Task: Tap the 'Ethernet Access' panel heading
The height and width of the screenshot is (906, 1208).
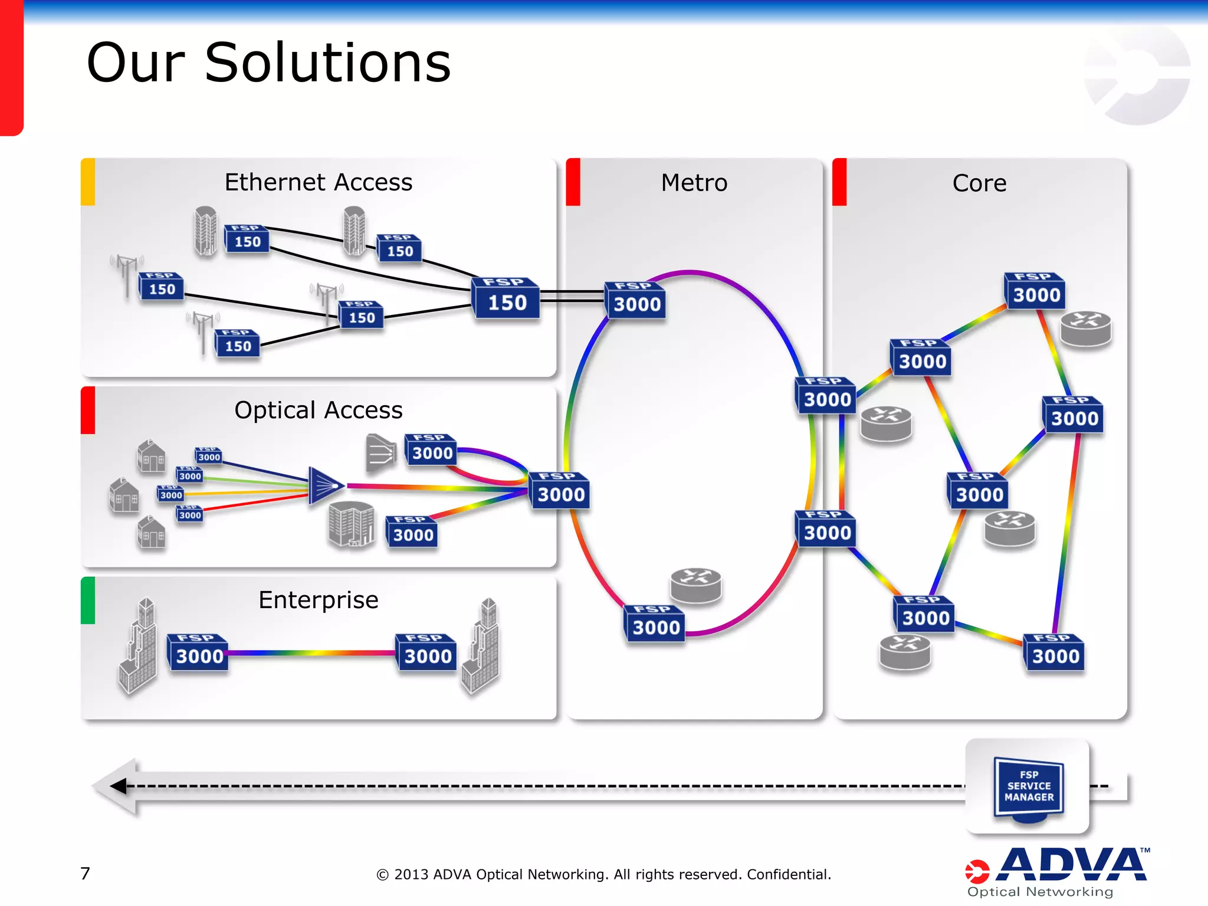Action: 318,182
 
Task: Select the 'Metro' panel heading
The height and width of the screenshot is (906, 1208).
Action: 694,183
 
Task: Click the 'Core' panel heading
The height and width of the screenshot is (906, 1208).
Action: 979,183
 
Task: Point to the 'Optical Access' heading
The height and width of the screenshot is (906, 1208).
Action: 318,410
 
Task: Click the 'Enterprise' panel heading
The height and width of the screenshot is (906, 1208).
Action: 318,600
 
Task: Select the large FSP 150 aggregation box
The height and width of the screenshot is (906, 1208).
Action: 506,298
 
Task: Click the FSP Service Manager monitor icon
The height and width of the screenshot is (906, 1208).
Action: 1029,788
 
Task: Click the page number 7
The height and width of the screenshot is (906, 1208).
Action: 86,873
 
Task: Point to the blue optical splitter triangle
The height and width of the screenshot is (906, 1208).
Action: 324,485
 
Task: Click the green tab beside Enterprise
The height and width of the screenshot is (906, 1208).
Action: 88,600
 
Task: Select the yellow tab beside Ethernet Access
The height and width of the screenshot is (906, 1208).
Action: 88,182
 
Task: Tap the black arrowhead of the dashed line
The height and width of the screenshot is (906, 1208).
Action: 119,786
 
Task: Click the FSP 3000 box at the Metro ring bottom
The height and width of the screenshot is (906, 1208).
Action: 655,623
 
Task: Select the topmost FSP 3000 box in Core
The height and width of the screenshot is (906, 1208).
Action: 1035,291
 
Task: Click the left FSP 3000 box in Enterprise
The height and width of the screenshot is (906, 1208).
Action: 198,652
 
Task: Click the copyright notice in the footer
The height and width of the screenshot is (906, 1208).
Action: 603,874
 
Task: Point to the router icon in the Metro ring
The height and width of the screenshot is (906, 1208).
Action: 696,585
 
